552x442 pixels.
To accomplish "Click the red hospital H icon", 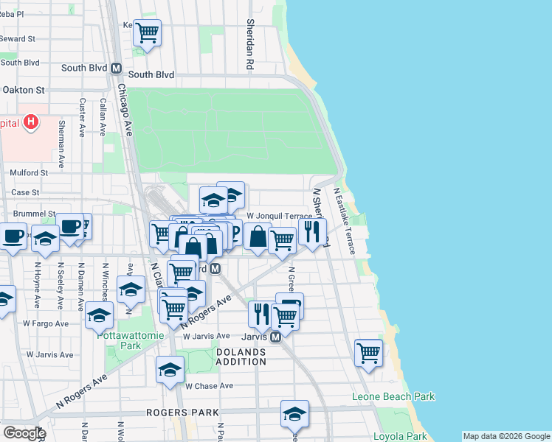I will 30,122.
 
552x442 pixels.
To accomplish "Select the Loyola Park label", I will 400,436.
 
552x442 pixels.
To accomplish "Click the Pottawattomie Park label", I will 120,340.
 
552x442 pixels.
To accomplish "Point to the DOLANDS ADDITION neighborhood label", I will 241,357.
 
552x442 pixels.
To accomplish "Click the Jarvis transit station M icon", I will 275,337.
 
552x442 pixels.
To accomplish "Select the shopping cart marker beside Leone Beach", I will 368,351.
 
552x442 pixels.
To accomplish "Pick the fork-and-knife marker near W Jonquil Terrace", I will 312,231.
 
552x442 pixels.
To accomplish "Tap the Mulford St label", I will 29,173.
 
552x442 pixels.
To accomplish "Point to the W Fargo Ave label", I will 46,323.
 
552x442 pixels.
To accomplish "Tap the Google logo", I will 24,433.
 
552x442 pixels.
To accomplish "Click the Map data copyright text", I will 506,436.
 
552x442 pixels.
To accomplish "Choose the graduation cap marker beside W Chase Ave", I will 170,370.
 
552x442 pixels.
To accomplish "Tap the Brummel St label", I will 35,214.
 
